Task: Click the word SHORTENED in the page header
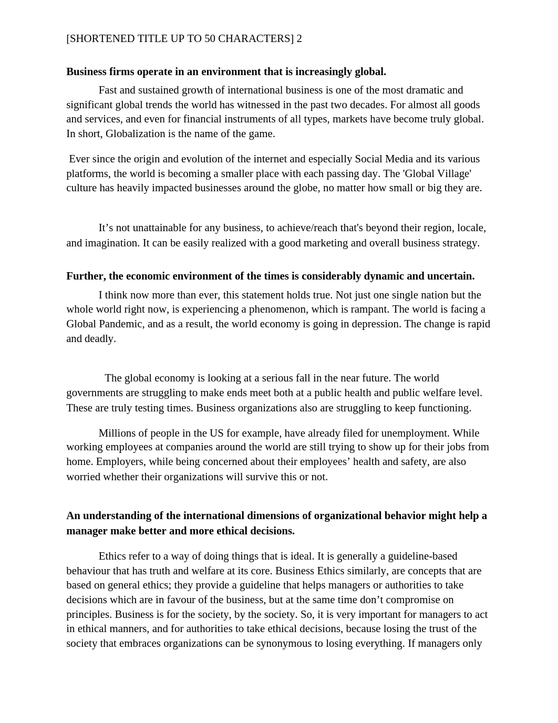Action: [100, 39]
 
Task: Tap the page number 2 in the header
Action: [299, 39]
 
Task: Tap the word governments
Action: [96, 393]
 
